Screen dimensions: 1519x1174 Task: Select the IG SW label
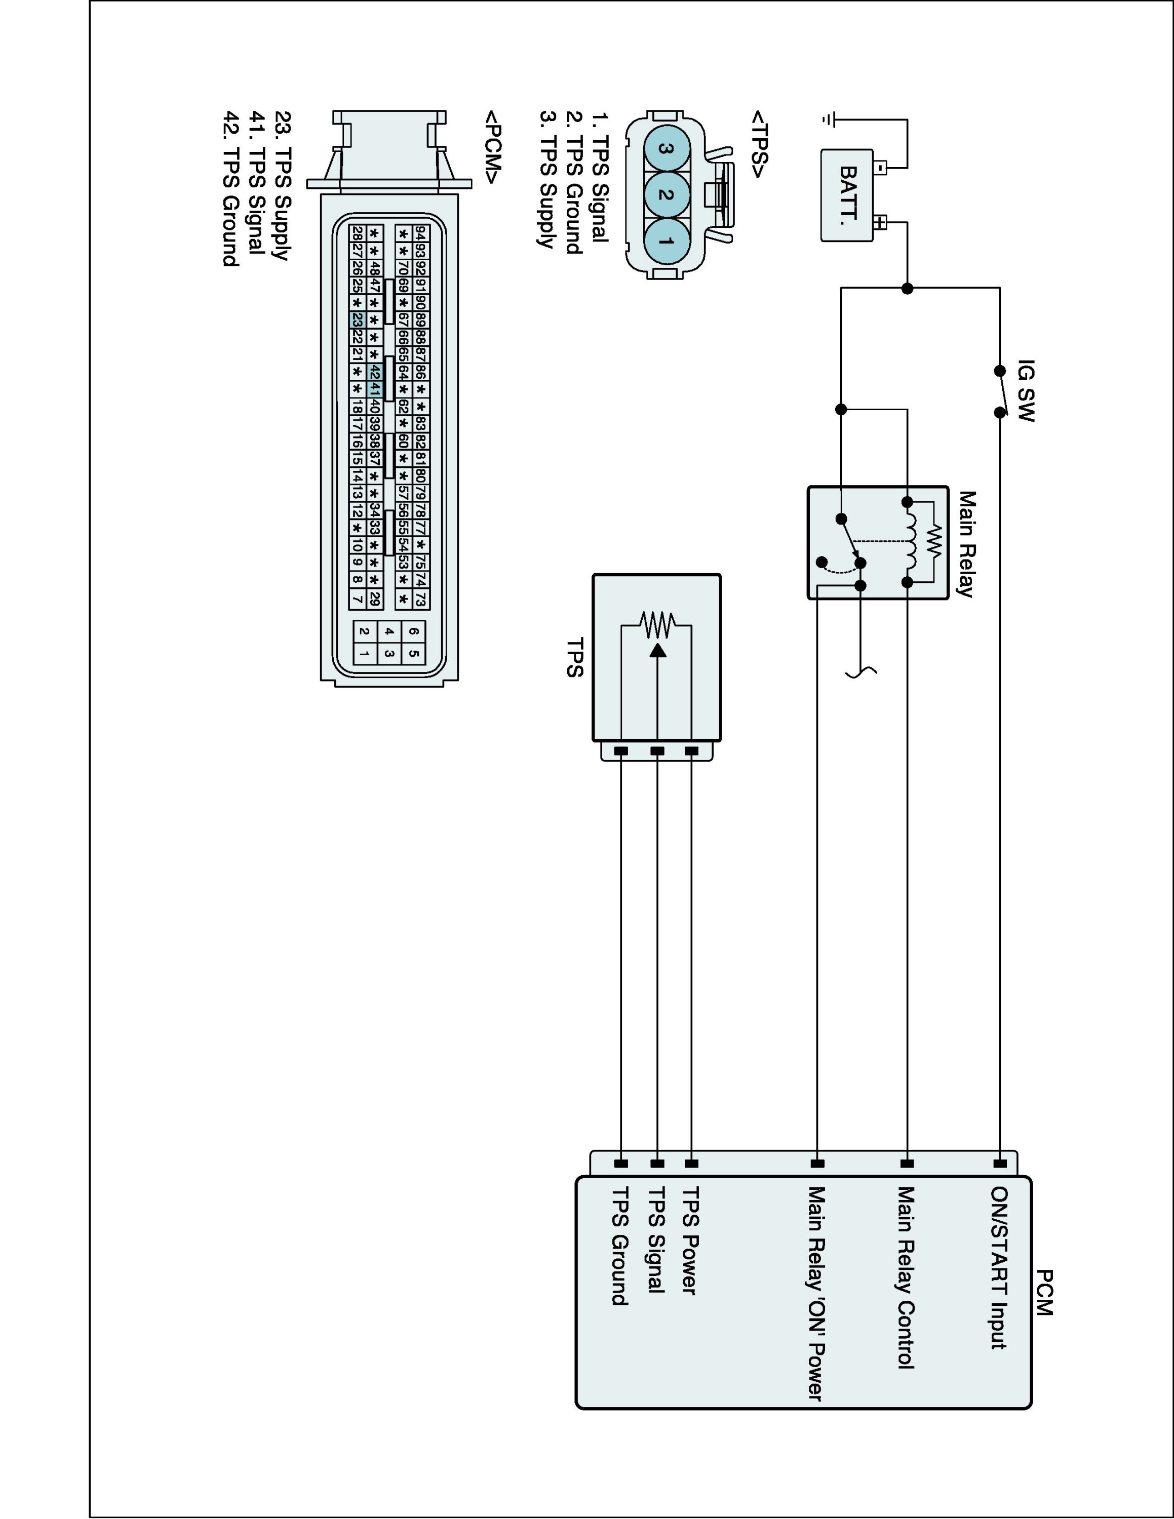tap(1026, 390)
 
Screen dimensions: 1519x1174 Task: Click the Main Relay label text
tap(967, 544)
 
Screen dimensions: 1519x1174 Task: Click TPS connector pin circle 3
tap(666, 148)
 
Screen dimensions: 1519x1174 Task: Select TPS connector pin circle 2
tap(666, 195)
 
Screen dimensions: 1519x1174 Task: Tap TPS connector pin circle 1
tap(666, 242)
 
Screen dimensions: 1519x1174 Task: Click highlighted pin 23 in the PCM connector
tap(357, 320)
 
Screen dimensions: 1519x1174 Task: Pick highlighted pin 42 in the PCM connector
tap(374, 372)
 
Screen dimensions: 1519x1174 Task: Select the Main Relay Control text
tap(905, 1277)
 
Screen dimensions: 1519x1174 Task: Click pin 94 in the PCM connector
tap(420, 232)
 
